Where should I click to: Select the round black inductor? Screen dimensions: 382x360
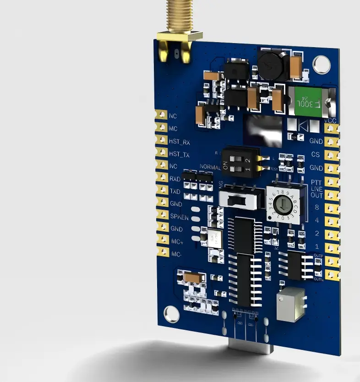click(270, 65)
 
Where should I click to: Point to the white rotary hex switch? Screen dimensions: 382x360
click(284, 204)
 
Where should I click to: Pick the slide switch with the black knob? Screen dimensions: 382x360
click(237, 199)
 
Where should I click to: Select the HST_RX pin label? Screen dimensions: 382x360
click(180, 142)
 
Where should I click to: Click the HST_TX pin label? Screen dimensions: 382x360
click(180, 155)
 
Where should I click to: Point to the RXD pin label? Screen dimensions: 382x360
click(175, 179)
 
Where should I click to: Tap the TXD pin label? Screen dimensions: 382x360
click(175, 191)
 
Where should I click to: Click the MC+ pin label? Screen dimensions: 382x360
click(177, 241)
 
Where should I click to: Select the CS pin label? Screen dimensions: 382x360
click(316, 154)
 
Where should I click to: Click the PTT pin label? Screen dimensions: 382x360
click(317, 182)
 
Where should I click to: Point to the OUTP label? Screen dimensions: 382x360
click(319, 255)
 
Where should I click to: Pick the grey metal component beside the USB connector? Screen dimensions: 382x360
click(291, 305)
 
